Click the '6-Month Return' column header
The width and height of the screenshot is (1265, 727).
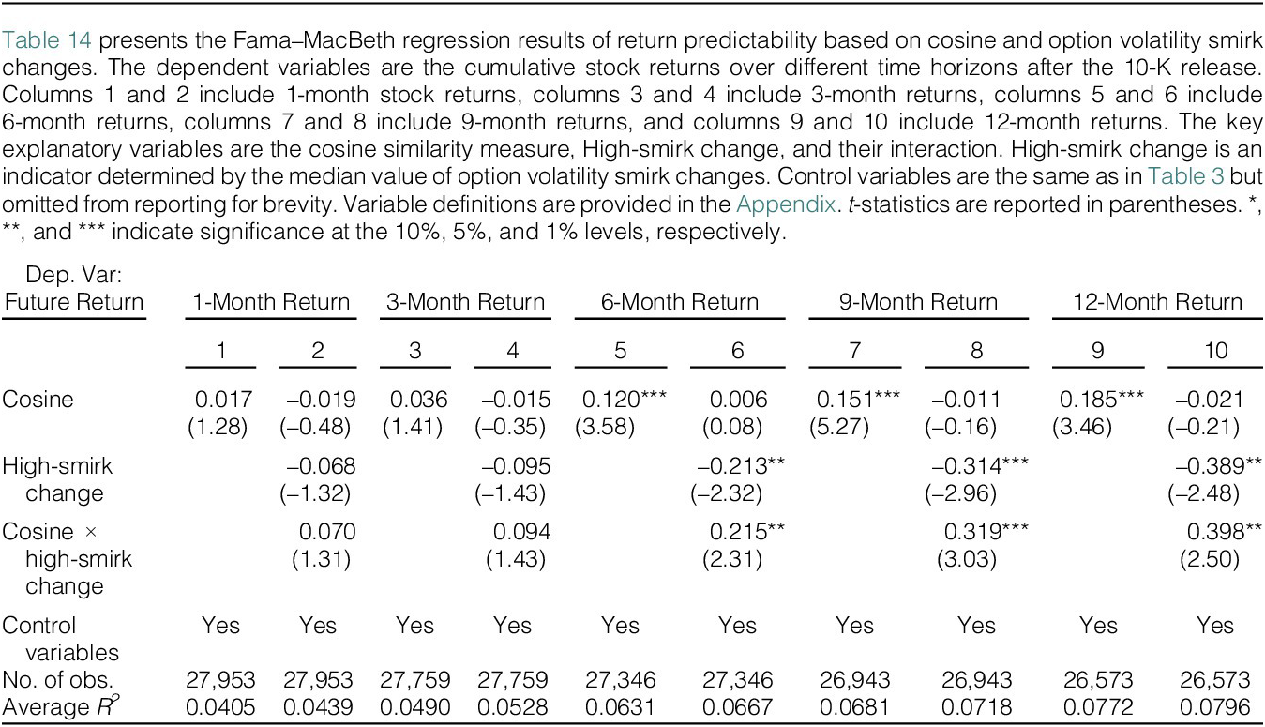tap(679, 302)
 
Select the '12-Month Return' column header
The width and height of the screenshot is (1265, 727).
tap(1157, 302)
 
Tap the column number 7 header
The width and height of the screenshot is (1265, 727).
tap(854, 351)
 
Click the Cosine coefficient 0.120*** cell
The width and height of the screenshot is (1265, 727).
tap(624, 400)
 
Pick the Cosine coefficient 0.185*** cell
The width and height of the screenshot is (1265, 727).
tap(1101, 400)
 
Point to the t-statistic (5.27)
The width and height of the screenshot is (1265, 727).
tap(838, 427)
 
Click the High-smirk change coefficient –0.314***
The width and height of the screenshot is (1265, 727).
tap(980, 466)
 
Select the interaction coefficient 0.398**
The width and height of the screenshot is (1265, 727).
tap(1224, 532)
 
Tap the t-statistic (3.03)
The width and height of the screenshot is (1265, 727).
tap(967, 559)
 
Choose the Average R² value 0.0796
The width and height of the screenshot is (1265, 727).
tap(1214, 707)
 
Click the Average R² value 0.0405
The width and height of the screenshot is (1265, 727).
tap(220, 707)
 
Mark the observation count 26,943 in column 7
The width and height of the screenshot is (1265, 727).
tap(855, 680)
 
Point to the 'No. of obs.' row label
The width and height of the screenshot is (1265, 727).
tap(57, 680)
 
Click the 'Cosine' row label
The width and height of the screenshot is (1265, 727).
tap(38, 400)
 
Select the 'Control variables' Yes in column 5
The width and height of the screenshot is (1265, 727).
tap(620, 626)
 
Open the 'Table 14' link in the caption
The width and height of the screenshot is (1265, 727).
tap(46, 40)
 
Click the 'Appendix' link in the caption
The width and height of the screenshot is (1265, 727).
tap(786, 204)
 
